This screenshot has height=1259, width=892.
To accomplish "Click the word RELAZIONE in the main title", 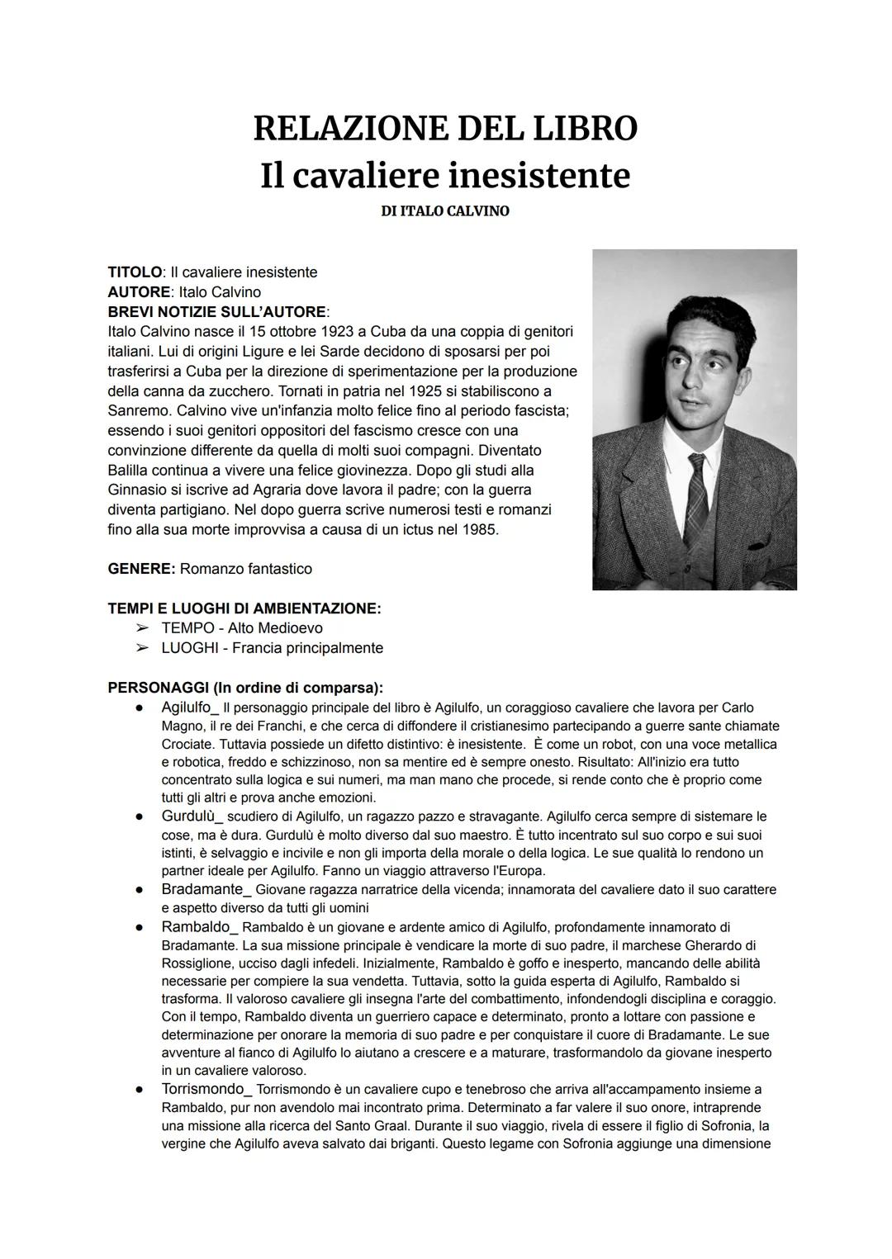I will click(x=346, y=129).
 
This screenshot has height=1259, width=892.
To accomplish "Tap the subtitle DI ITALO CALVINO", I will click(x=445, y=211).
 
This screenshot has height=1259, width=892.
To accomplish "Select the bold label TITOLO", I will click(x=134, y=272).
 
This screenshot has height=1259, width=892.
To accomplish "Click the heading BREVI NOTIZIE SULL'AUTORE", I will click(x=217, y=312).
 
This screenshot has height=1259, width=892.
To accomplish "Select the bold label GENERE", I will click(x=140, y=570).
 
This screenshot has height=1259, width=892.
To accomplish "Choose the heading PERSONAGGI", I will click(x=159, y=689).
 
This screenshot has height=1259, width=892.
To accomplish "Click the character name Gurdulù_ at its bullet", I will click(x=192, y=816).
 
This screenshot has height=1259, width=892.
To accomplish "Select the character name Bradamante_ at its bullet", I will click(x=206, y=890).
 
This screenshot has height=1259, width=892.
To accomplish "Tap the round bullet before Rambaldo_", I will click(x=141, y=927).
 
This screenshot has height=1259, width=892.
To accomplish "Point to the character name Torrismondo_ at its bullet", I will click(x=207, y=1090).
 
